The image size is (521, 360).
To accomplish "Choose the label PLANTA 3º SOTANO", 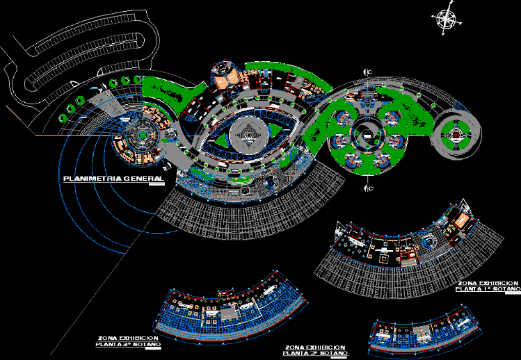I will click(x=316, y=352).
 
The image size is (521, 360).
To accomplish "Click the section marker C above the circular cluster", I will click(x=369, y=72).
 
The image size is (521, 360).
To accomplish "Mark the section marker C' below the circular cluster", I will click(x=369, y=187).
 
